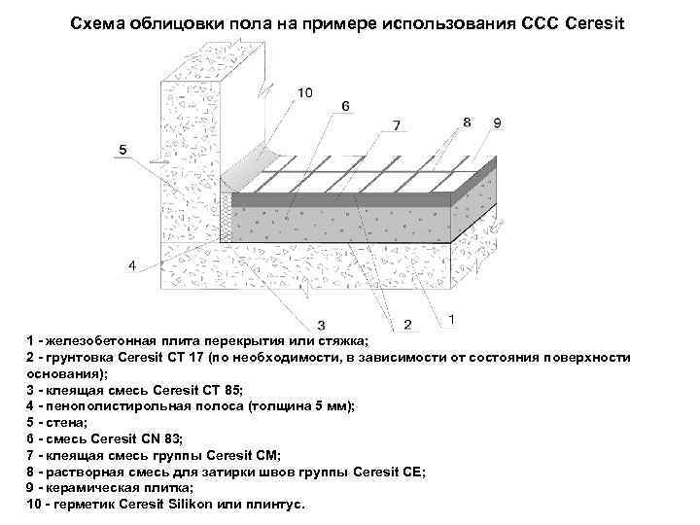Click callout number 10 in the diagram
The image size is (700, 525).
[x=304, y=93]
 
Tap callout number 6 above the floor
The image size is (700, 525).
[x=345, y=105]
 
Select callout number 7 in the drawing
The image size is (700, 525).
[x=396, y=125]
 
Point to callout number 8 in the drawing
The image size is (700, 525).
[x=469, y=122]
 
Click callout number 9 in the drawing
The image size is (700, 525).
[x=497, y=122]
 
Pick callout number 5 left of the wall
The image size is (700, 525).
[x=123, y=150]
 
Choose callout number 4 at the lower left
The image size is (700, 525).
[x=132, y=263]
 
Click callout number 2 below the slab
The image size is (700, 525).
[x=407, y=323]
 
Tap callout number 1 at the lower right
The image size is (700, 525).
[x=454, y=317]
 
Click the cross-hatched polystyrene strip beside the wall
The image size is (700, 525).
[x=227, y=214]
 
